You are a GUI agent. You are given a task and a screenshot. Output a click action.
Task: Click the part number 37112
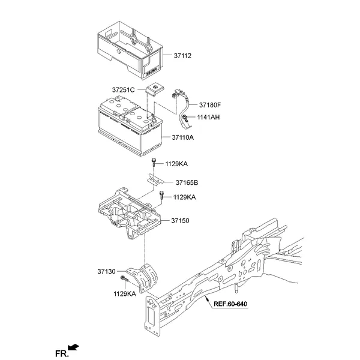[x=182, y=56]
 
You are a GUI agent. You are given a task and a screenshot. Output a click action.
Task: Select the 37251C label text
[x=124, y=90]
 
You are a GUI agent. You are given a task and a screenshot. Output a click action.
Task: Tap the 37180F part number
[x=211, y=104]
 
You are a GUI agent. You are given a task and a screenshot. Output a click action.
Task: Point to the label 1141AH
[x=209, y=117]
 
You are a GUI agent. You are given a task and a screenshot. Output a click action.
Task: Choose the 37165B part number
[x=188, y=182]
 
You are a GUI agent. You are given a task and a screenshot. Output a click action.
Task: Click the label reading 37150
[x=179, y=221]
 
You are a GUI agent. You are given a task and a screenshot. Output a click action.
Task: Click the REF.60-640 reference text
[x=231, y=304]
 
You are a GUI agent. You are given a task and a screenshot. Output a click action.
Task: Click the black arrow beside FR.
[x=74, y=346]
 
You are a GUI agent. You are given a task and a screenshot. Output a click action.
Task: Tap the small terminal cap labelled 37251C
[x=155, y=89]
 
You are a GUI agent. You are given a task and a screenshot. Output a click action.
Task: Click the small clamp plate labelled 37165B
[x=155, y=179]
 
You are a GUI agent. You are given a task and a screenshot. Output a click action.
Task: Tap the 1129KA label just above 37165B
[x=177, y=163]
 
